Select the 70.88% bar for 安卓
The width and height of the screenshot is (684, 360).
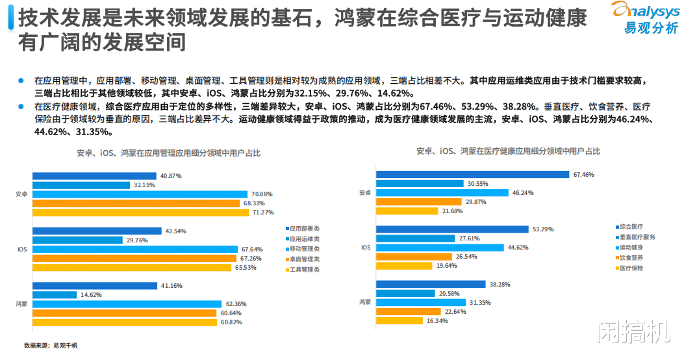(140, 194)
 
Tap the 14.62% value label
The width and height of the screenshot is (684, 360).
(90, 295)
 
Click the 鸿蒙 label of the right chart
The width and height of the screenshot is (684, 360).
(364, 302)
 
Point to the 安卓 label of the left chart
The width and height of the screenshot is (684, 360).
(21, 194)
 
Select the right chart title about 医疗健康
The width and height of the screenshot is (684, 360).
(508, 151)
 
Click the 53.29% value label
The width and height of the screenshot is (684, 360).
(542, 229)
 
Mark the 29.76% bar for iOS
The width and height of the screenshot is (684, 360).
(77, 240)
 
